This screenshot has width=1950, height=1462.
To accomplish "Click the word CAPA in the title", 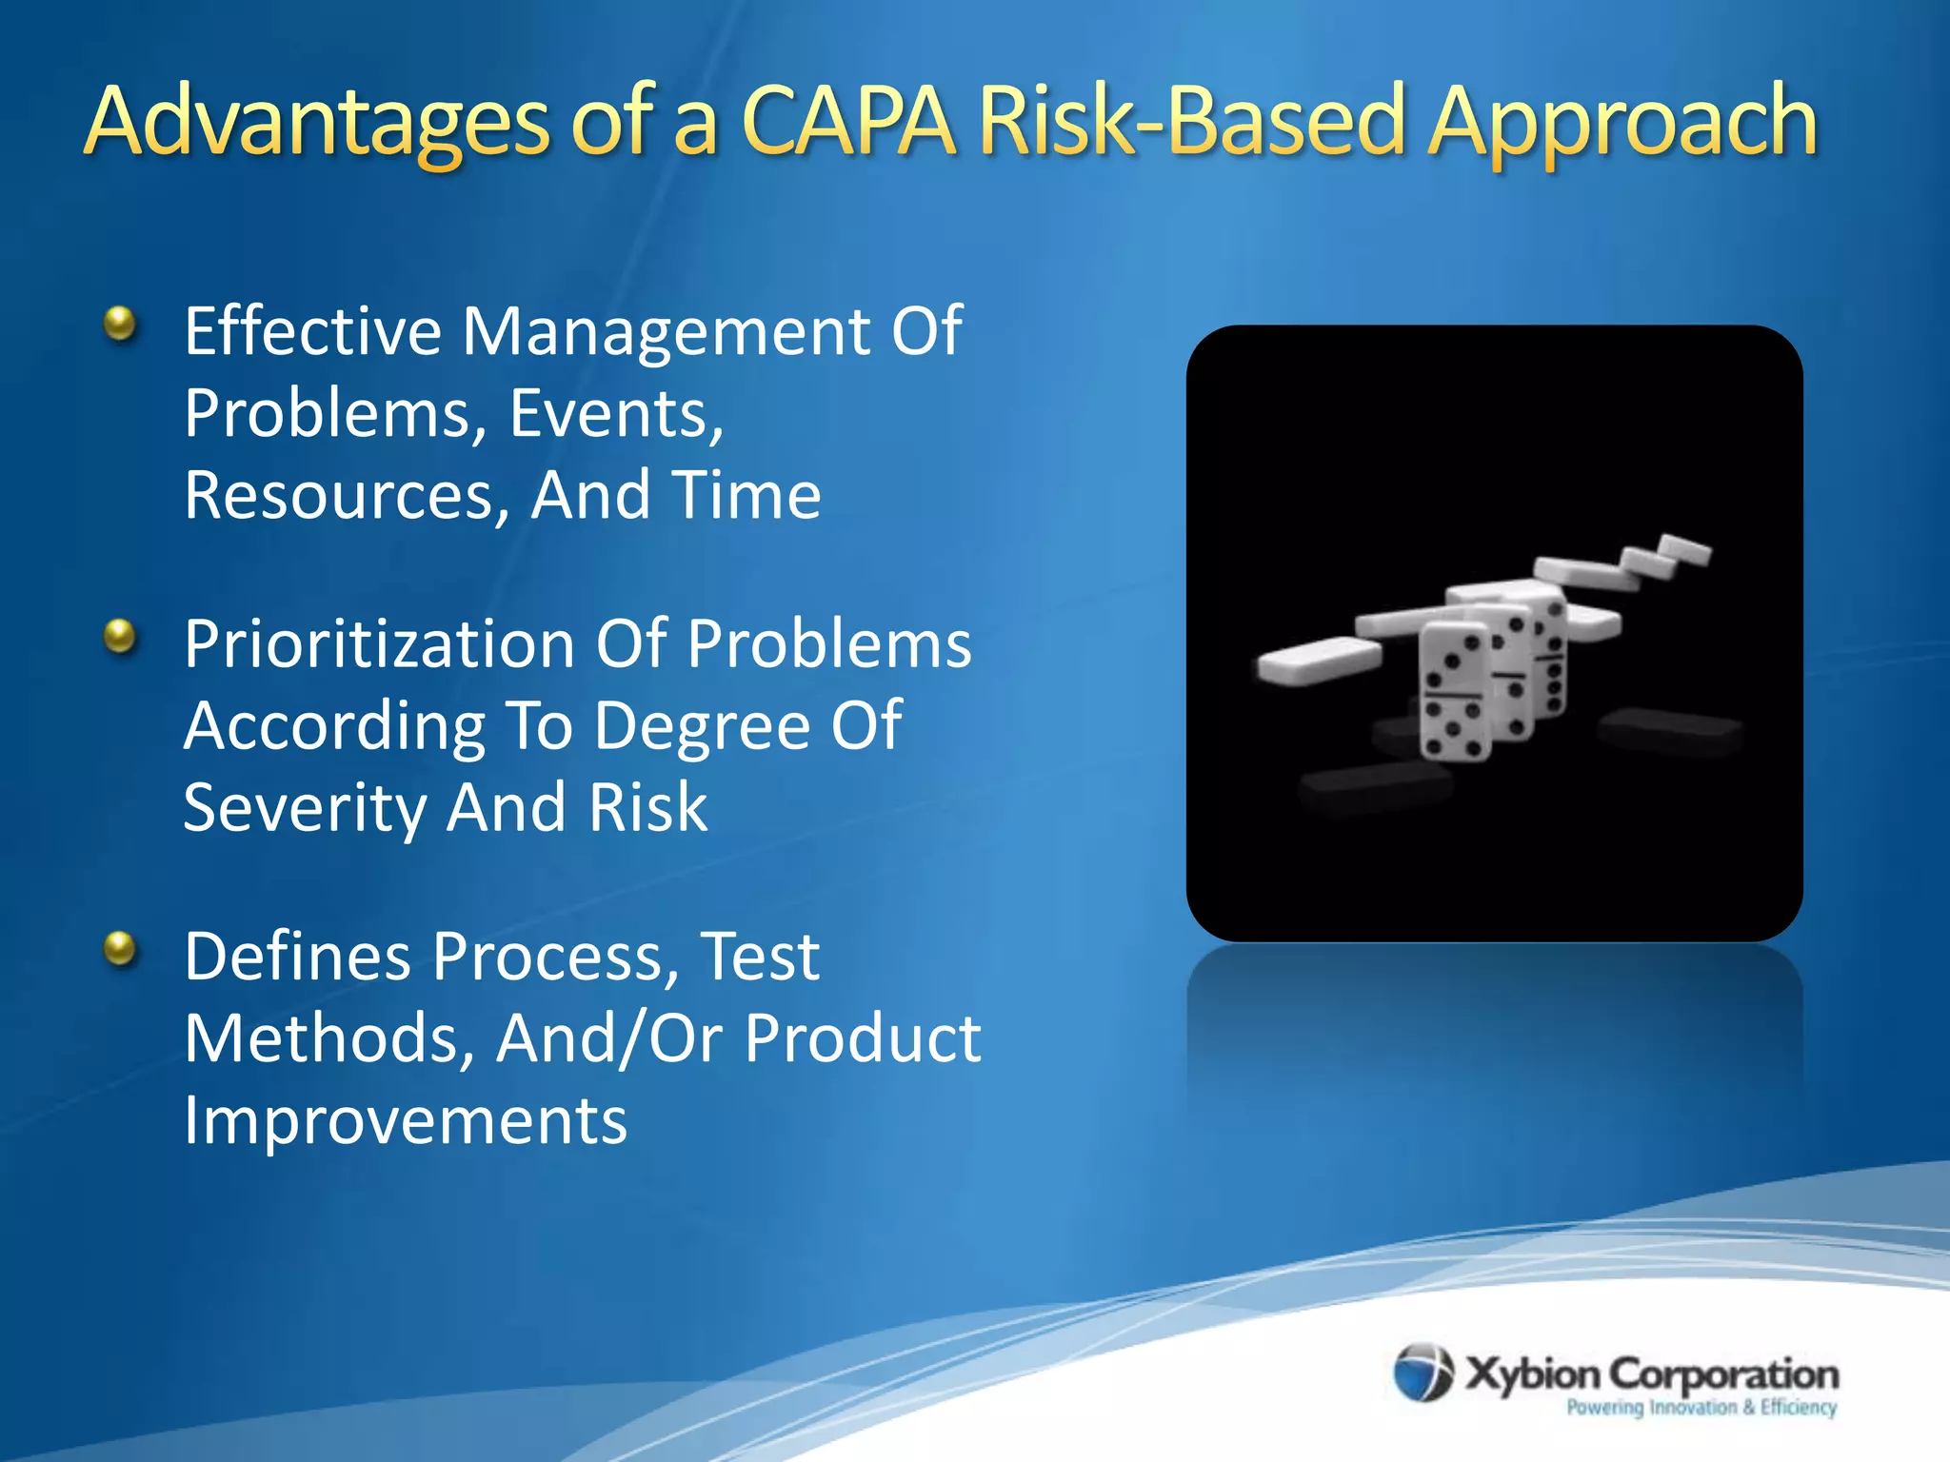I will coord(846,122).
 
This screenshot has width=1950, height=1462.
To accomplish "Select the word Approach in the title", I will coord(1622,122).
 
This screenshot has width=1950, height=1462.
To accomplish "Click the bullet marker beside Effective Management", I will coord(120,324).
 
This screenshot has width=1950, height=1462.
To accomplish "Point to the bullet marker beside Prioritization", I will coord(120,636).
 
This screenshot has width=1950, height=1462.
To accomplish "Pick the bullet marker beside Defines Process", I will coord(120,948).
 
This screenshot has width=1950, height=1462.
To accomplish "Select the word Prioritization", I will coord(378,643).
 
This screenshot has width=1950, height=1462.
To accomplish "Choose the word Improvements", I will coord(406,1120).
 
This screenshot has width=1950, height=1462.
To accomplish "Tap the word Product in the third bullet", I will coord(862,1037).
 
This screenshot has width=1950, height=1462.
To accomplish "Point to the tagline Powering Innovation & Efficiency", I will coord(1701,1408).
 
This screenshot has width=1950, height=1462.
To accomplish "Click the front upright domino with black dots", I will coord(1453,693).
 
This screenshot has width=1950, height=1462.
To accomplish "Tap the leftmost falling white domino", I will coord(1318,661).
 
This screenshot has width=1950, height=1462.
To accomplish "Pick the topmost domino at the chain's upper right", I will coord(1685,549).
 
